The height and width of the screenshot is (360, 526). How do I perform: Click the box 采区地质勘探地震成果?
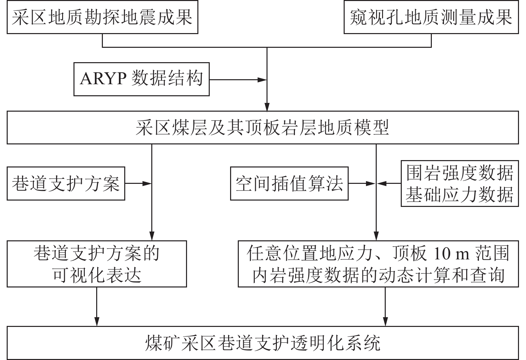pos(102,17)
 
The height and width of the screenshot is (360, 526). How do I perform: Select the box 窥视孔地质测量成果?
pos(431,17)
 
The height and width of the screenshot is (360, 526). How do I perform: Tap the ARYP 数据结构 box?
pos(141,79)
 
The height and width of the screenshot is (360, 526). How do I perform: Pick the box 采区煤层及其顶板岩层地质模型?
pos(262,128)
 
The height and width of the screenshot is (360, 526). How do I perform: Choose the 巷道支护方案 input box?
pos(66,184)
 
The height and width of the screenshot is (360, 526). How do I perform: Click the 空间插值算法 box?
pos(289,184)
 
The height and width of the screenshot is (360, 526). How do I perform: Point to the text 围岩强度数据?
pos(460,173)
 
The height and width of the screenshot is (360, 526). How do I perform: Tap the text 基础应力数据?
pos(460,195)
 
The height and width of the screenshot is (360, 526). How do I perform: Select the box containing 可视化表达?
pos(97,264)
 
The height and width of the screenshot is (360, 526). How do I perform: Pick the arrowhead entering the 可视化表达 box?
pos(152,236)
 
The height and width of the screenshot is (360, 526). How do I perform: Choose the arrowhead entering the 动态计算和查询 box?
pos(376,236)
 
